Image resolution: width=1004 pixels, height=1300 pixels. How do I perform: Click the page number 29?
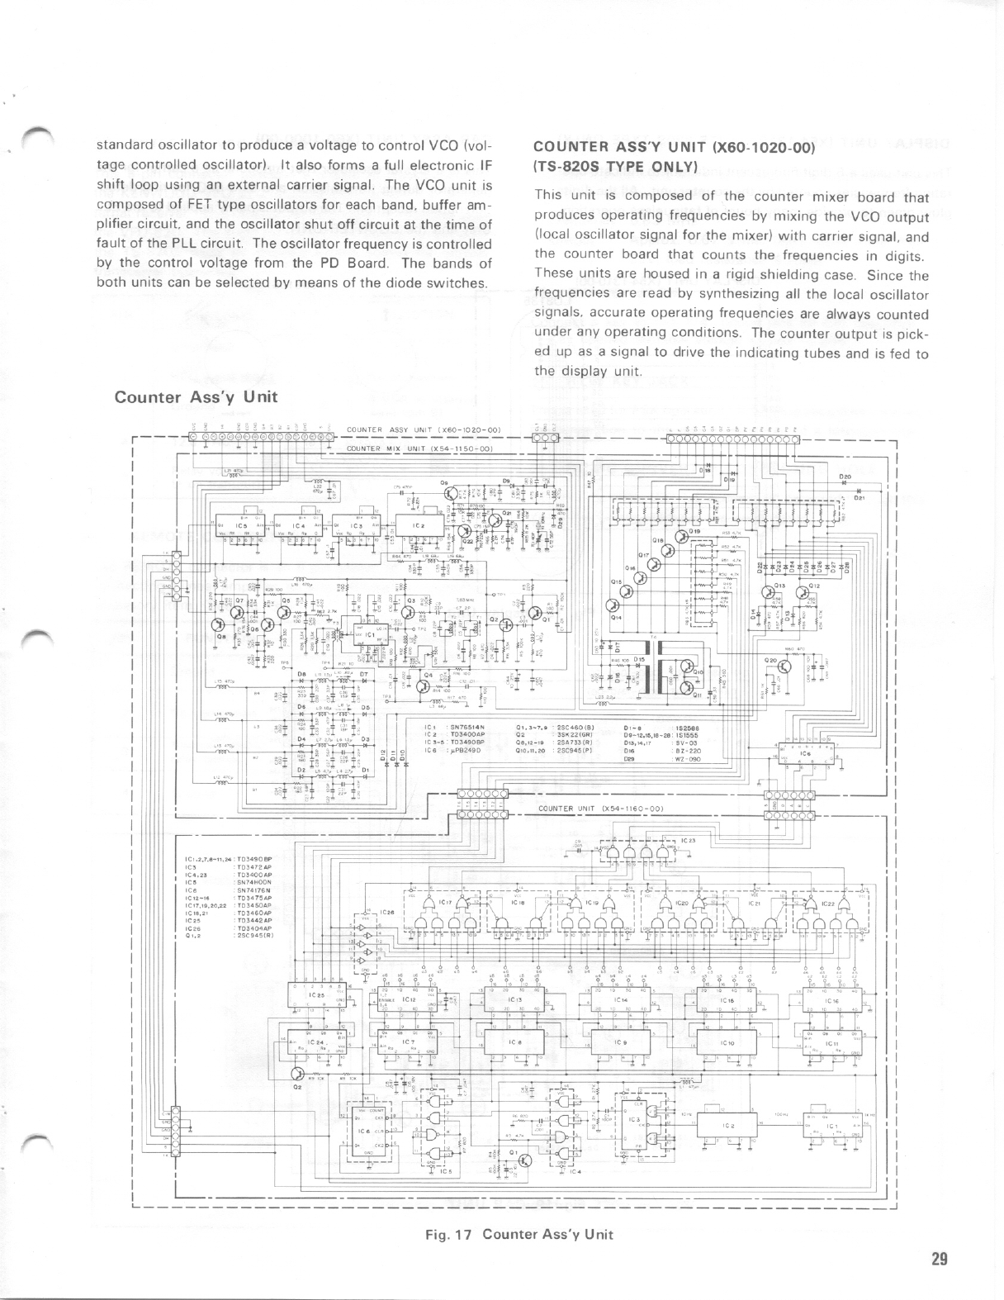[938, 1259]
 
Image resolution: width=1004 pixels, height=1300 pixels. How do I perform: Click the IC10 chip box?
[727, 1043]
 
